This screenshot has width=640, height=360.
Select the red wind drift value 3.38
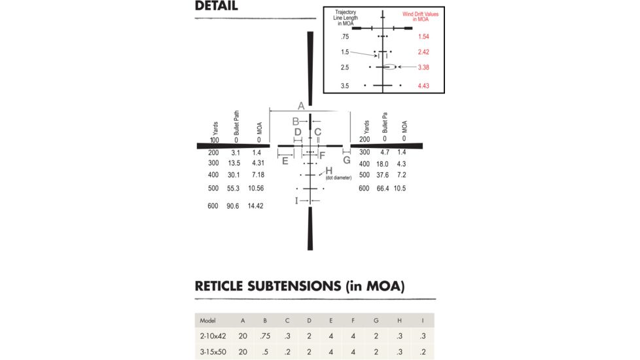coord(423,67)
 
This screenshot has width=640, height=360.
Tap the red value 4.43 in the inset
coord(423,86)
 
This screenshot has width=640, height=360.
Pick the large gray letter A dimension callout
coord(301,105)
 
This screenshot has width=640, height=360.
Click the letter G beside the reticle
coord(346,160)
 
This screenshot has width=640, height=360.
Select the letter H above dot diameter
coord(329,171)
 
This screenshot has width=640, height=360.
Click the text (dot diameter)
coord(338,178)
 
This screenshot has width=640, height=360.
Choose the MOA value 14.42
coord(255,206)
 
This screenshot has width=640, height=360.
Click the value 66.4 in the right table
coord(384,189)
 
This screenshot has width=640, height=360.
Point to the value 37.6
coord(384,175)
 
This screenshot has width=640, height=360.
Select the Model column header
coord(208,321)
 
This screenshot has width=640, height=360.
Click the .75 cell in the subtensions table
coord(265,336)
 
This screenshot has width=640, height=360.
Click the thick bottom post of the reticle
coord(310,232)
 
